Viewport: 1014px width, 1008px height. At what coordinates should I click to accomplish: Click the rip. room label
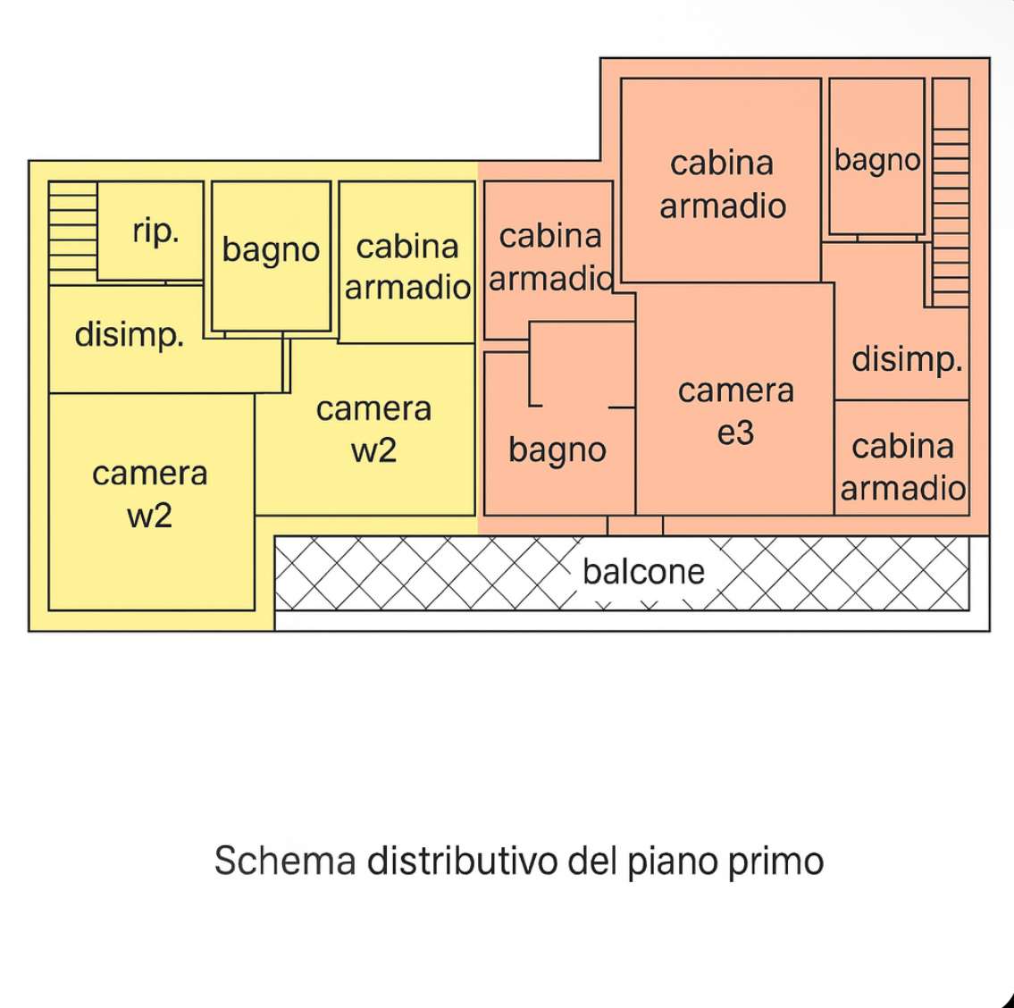(155, 231)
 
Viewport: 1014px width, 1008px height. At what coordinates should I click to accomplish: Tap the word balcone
(643, 572)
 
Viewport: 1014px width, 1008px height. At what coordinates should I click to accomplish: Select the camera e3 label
(735, 411)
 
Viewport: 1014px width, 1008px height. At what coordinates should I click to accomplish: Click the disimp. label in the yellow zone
(129, 335)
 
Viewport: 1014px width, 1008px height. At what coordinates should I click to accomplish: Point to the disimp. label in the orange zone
(906, 359)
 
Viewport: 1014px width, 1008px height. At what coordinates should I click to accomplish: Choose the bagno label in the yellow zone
(271, 250)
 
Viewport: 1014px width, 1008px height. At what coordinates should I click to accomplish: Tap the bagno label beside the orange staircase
(876, 161)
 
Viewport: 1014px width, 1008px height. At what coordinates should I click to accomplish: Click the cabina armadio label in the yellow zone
(407, 266)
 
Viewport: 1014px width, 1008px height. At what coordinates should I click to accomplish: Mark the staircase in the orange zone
(951, 192)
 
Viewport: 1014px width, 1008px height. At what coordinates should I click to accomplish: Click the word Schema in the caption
(284, 861)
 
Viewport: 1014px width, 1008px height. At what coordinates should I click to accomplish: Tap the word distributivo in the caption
(462, 861)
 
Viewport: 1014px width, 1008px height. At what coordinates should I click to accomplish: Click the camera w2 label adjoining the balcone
(373, 429)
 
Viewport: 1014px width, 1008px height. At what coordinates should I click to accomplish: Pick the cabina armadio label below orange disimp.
(902, 467)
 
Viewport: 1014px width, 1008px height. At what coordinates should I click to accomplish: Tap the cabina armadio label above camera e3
(723, 184)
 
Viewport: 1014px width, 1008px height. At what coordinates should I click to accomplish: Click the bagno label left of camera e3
(557, 450)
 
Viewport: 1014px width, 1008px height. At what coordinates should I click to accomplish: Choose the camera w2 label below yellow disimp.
(149, 494)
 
